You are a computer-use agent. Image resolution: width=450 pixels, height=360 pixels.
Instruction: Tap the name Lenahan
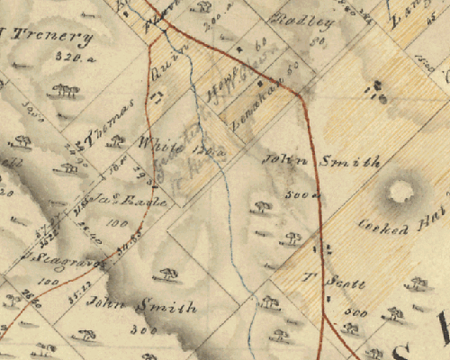pos(256,97)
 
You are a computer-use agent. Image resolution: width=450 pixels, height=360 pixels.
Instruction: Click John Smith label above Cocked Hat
pos(320,162)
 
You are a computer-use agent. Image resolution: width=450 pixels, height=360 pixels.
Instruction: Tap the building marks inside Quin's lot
pos(158,94)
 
